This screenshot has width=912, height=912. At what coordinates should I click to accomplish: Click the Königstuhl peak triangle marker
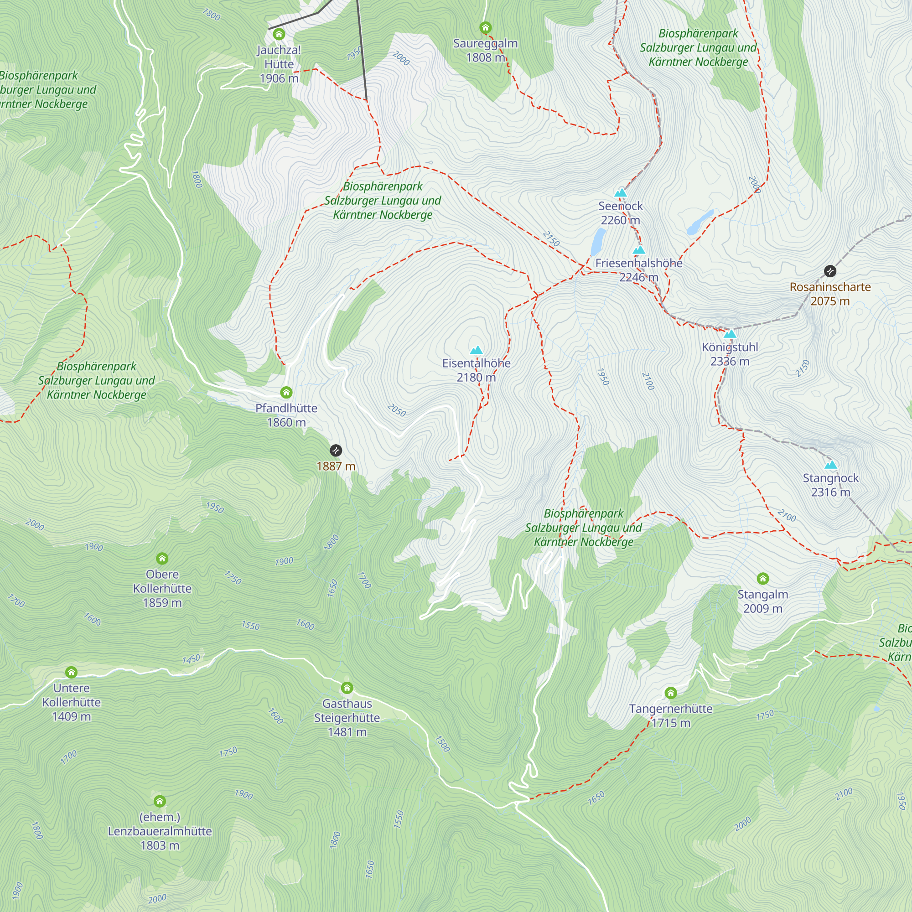730,334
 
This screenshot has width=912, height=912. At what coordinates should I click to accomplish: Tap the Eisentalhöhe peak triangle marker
477,350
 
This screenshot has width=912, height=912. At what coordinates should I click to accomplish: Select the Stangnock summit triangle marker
830,465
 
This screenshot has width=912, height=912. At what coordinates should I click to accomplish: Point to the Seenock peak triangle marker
620,192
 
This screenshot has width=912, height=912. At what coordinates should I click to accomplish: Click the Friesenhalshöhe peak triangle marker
639,250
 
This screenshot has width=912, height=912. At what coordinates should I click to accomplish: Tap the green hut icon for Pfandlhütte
286,392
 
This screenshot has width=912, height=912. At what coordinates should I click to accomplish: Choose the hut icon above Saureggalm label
485,27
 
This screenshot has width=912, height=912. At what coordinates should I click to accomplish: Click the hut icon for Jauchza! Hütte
279,34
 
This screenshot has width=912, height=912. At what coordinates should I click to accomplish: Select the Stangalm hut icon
763,578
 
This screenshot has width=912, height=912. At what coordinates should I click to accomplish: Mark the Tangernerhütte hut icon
671,693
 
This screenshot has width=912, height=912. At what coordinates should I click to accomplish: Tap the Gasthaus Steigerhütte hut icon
347,688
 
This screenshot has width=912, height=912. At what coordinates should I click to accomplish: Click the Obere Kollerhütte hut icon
162,559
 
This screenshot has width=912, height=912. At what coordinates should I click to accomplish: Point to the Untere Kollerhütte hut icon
71,672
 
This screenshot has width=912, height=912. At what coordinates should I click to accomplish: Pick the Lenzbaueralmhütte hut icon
160,801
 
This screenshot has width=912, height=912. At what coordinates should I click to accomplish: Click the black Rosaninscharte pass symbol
830,271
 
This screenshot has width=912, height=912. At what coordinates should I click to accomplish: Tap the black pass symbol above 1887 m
336,451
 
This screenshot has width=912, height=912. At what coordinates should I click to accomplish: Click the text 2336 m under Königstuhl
730,362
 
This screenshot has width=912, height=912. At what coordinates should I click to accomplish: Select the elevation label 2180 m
477,378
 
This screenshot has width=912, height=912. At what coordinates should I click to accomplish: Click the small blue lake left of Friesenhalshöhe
598,241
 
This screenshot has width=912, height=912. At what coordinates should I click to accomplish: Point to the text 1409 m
71,716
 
